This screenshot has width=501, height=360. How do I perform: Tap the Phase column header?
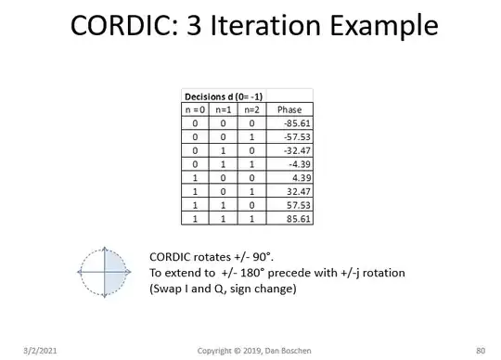(289, 109)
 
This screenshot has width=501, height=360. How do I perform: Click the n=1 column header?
(225, 109)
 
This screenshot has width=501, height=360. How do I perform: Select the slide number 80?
(479, 350)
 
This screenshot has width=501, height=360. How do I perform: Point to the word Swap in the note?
(167, 289)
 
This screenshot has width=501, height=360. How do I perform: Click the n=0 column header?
(196, 109)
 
